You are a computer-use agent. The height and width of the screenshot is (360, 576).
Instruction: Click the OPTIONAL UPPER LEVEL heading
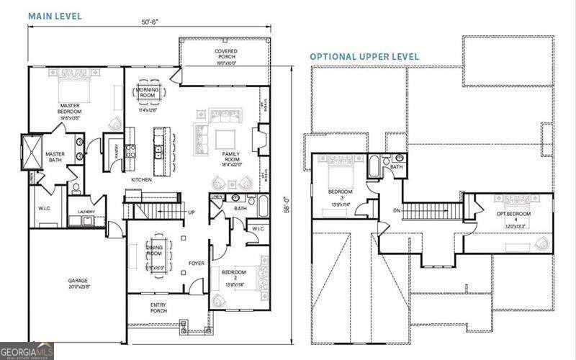pyautogui.click(x=364, y=56)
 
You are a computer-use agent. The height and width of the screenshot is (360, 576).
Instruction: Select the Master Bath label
pyautogui.click(x=55, y=156)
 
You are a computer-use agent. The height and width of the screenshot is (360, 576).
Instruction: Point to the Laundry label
pyautogui.click(x=86, y=211)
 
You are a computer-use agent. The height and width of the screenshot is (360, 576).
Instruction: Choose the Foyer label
pyautogui.click(x=197, y=263)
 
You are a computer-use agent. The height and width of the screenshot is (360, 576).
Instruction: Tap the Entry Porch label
pyautogui.click(x=158, y=307)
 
